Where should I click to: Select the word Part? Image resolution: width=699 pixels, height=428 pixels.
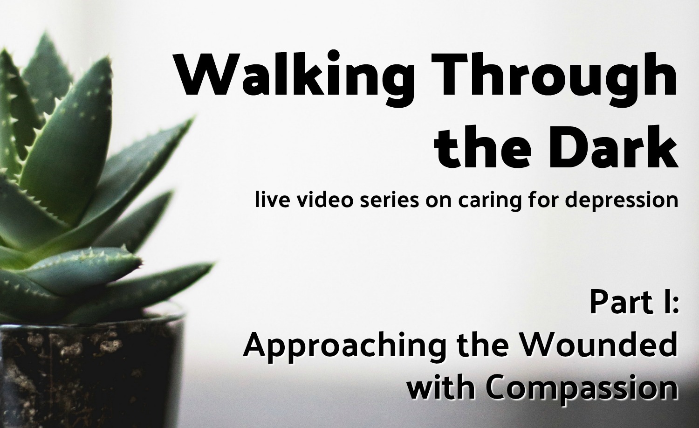pos(621,303)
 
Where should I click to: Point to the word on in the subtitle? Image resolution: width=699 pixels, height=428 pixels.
pos(439,202)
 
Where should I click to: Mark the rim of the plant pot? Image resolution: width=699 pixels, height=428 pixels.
pos(94,318)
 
